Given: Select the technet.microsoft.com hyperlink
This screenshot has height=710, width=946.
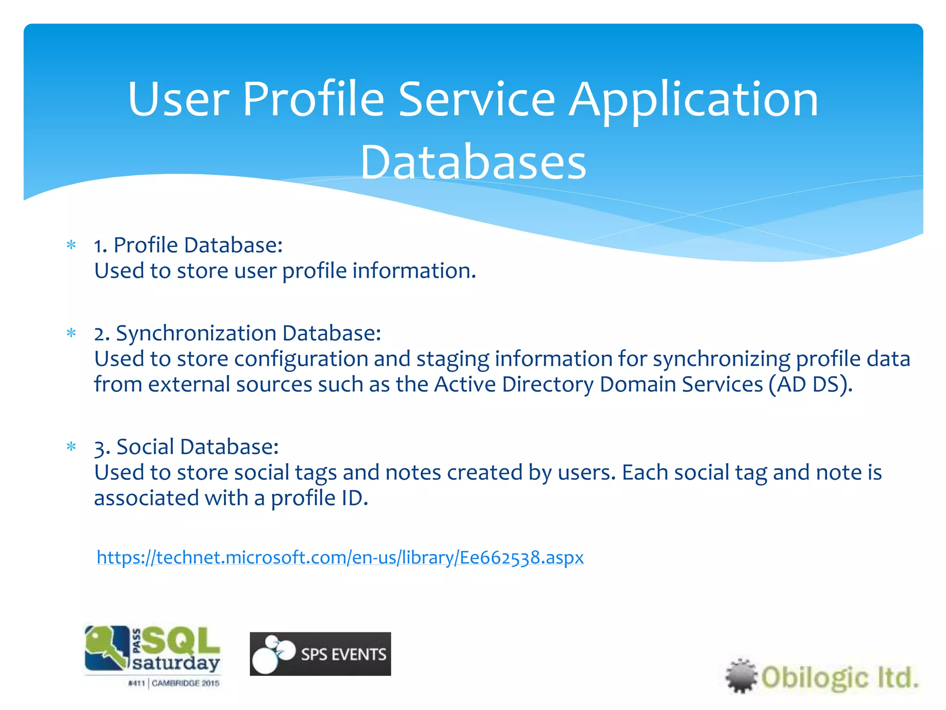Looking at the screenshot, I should coord(340,557).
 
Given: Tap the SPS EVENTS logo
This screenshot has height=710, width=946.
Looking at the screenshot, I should coord(320,654).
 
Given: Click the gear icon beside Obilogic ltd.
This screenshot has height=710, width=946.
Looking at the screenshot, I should coord(741,676).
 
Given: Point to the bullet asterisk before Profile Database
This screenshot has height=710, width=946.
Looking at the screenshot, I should coord(71,245).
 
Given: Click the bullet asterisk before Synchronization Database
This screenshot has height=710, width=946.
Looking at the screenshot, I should coord(71,333).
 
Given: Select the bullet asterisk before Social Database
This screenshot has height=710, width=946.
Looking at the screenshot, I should coord(71,447).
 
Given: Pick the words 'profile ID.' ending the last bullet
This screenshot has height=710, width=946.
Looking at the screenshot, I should coord(319,498).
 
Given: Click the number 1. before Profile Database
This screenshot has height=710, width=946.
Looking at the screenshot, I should coord(100,245).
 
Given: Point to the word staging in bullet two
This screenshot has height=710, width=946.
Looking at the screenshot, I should coord(452,360).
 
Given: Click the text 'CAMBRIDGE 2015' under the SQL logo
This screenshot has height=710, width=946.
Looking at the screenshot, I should coord(185,683).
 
